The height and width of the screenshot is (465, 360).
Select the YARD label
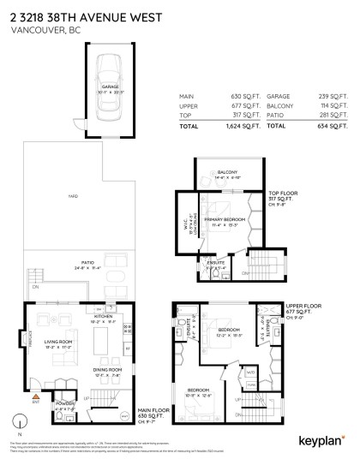point(74,197)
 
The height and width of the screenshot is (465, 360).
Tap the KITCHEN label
point(104,316)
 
